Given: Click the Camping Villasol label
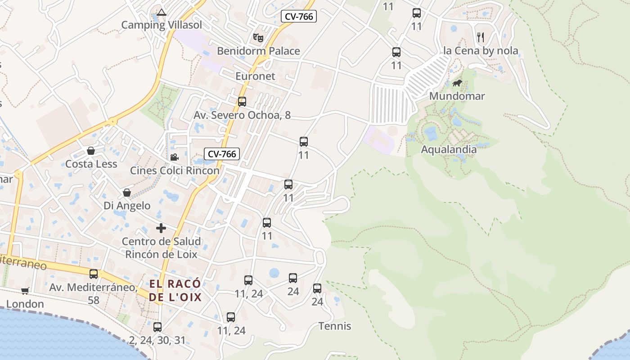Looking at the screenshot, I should pyautogui.click(x=162, y=25).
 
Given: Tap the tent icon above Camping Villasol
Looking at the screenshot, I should pyautogui.click(x=162, y=12).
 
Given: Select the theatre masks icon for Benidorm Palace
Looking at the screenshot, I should pyautogui.click(x=258, y=37).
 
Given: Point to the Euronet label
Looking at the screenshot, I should pyautogui.click(x=255, y=76).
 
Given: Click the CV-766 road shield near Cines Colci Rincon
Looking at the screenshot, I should pyautogui.click(x=222, y=154).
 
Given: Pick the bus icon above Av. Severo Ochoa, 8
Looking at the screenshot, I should pyautogui.click(x=242, y=102).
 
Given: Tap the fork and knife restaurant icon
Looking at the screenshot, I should pyautogui.click(x=481, y=37).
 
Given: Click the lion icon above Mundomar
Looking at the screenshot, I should pyautogui.click(x=457, y=83).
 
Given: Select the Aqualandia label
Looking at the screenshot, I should pyautogui.click(x=449, y=149).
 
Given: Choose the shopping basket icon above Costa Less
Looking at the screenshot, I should pyautogui.click(x=91, y=151).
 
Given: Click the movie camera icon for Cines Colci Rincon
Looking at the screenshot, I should pyautogui.click(x=174, y=157).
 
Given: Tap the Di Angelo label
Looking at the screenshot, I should pyautogui.click(x=127, y=206).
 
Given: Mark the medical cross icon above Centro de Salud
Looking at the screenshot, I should pyautogui.click(x=161, y=228).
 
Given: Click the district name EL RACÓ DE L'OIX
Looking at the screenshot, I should pyautogui.click(x=175, y=291).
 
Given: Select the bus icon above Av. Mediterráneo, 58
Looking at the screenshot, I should pyautogui.click(x=94, y=274).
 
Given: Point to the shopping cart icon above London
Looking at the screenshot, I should pyautogui.click(x=25, y=291).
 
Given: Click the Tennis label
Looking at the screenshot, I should pyautogui.click(x=335, y=326).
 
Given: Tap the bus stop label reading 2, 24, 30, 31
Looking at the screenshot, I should pyautogui.click(x=157, y=340).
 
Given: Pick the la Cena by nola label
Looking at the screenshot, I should pyautogui.click(x=481, y=51).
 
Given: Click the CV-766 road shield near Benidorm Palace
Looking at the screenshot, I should pyautogui.click(x=299, y=17).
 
